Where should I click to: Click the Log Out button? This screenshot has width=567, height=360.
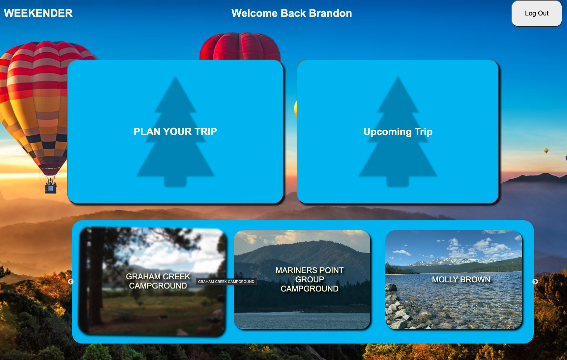(536, 14)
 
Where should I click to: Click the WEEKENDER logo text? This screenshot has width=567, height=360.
(38, 13)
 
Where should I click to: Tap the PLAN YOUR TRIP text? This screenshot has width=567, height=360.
(175, 131)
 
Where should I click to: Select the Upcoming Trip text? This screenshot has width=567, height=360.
(398, 132)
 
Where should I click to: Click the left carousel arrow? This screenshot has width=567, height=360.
(71, 282)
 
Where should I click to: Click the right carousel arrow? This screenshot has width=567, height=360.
(535, 282)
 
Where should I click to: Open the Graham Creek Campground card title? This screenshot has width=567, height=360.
(158, 281)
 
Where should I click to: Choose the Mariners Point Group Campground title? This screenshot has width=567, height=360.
(310, 279)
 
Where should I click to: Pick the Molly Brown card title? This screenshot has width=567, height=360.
(461, 279)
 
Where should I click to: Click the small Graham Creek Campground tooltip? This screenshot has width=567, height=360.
(226, 282)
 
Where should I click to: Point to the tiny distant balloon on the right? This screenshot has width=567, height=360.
(546, 151)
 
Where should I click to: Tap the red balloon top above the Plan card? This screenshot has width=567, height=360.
(240, 46)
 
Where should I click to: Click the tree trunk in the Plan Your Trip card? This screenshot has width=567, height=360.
(175, 181)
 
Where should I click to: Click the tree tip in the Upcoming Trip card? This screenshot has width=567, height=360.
(398, 81)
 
